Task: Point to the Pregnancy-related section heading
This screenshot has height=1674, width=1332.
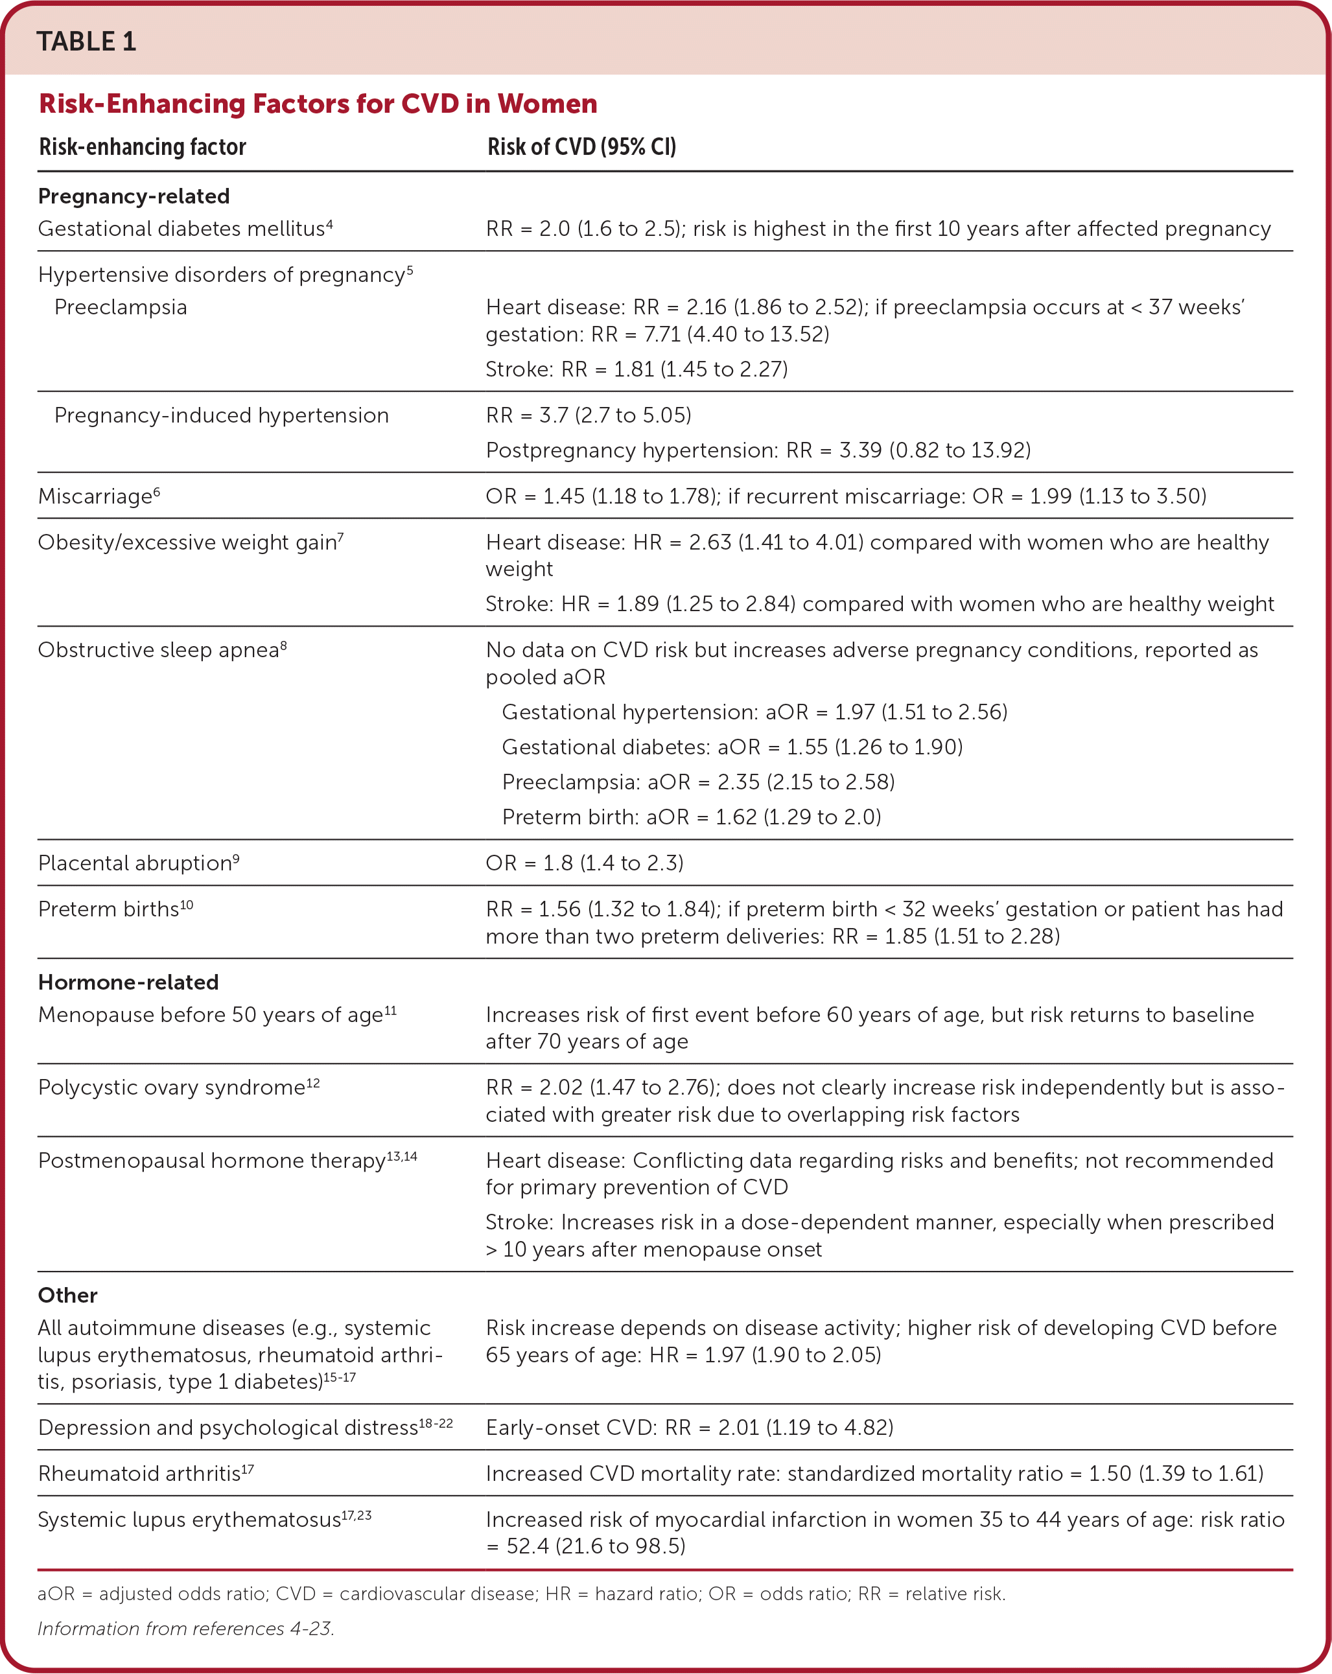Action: [134, 196]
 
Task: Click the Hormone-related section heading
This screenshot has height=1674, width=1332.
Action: [128, 982]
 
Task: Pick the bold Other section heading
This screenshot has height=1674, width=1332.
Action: [67, 1295]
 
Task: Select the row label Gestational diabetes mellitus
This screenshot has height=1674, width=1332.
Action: [184, 229]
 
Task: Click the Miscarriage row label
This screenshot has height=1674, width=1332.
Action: [98, 496]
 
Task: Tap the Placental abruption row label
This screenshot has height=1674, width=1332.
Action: [137, 863]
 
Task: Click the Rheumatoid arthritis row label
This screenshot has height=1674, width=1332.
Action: [145, 1474]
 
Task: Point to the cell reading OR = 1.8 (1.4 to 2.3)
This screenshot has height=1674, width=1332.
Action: [584, 863]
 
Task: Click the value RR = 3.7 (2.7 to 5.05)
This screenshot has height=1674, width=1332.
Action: [588, 415]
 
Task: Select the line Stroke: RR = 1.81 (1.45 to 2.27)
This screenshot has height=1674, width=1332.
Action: [636, 369]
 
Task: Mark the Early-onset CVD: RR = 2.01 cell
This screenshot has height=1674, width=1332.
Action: [689, 1428]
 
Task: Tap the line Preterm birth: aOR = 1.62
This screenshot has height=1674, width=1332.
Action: [690, 817]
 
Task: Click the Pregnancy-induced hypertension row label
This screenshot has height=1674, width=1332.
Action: [222, 415]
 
